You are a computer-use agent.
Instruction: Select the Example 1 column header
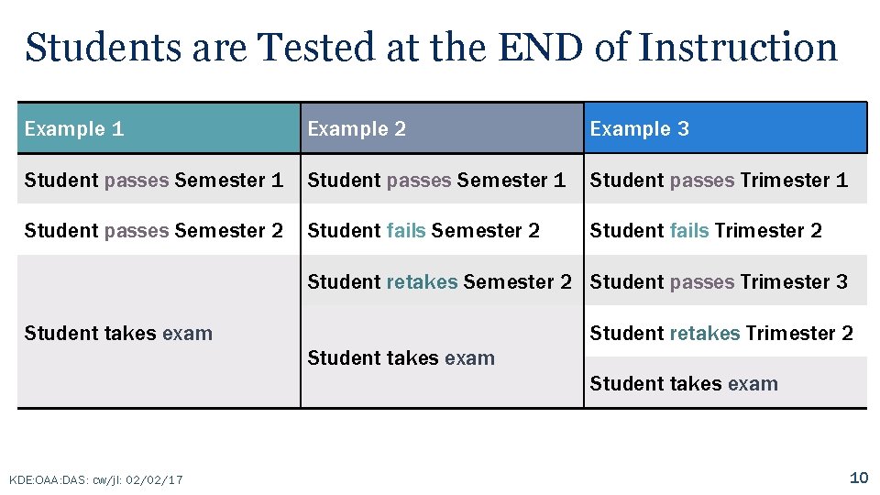[x=74, y=128]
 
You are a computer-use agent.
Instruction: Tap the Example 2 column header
[x=357, y=128]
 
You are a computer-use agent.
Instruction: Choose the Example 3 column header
[x=639, y=128]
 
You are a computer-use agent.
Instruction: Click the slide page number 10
[x=859, y=478]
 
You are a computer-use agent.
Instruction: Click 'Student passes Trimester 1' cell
[x=719, y=181]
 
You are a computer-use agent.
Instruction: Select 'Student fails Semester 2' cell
[x=423, y=231]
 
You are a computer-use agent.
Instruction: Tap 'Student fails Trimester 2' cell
[x=706, y=231]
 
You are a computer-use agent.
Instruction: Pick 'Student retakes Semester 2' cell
[x=439, y=282]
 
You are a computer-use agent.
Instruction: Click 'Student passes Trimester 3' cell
[x=719, y=282]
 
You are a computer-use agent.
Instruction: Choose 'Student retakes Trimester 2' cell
[x=721, y=334]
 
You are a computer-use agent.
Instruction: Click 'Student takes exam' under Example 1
[x=118, y=334]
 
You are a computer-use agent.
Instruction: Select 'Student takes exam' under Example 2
[x=401, y=358]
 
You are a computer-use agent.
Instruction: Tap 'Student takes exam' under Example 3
[x=684, y=384]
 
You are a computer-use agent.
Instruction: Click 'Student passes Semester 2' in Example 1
[x=154, y=231]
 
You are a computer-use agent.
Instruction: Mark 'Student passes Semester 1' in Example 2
[x=436, y=181]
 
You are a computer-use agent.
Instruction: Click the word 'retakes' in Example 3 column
[x=705, y=334]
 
